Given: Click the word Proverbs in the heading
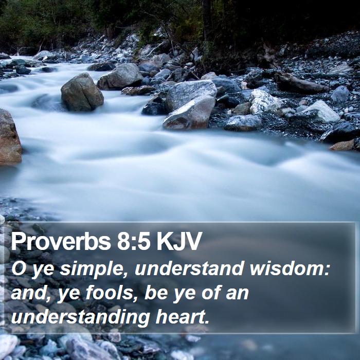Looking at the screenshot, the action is click(61, 242).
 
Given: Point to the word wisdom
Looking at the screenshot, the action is click(287, 268).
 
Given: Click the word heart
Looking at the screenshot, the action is click(180, 317).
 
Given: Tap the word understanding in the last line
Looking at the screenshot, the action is click(81, 318).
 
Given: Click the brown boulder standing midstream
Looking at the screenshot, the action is click(82, 92).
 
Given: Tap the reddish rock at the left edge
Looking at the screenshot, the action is click(10, 137).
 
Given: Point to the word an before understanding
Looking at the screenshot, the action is click(237, 294).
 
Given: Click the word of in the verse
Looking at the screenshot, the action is click(211, 293).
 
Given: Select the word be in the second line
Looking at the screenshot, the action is click(156, 293).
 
